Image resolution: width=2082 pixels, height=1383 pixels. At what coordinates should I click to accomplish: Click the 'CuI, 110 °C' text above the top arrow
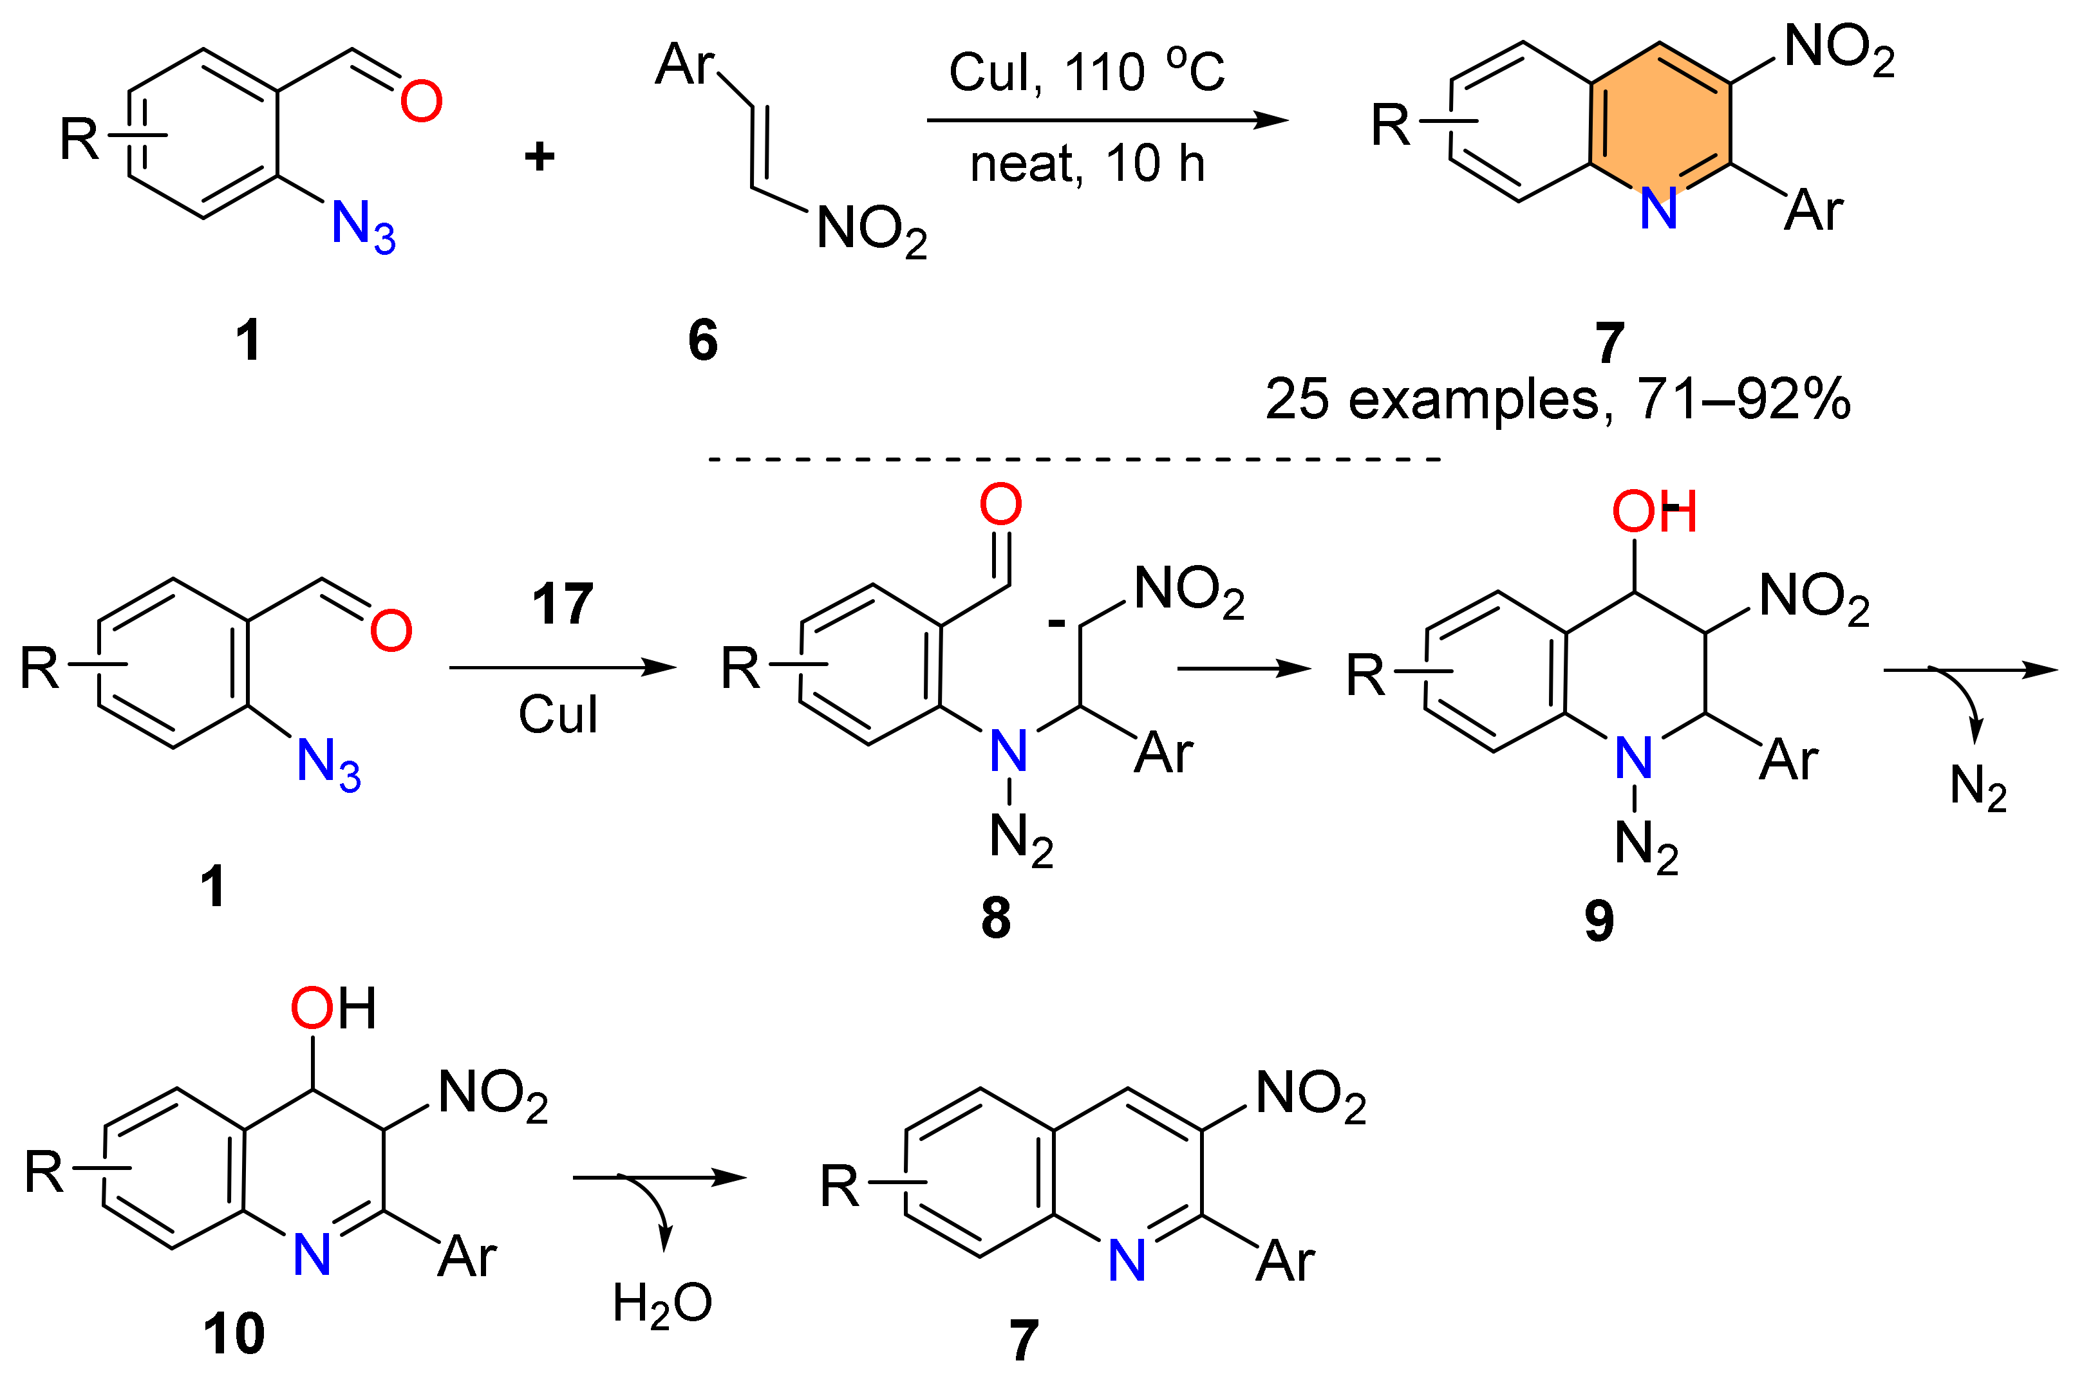click(1086, 72)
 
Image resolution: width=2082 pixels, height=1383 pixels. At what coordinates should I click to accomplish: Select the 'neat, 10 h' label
click(1086, 165)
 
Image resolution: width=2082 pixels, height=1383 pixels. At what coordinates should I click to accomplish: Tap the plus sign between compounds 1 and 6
click(539, 157)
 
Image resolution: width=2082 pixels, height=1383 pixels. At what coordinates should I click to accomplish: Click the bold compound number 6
click(702, 340)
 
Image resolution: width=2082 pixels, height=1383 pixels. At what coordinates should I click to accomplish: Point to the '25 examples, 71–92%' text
click(1557, 400)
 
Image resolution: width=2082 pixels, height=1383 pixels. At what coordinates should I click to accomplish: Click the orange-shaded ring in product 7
click(1658, 119)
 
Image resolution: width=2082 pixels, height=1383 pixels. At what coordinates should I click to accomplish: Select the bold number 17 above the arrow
click(562, 605)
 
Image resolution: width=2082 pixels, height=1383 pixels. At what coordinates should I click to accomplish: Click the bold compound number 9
click(1599, 921)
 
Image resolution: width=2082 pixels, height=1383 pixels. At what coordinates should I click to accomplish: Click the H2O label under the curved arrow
click(662, 1304)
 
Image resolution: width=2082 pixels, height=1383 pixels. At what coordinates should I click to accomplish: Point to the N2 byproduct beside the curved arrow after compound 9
click(1979, 787)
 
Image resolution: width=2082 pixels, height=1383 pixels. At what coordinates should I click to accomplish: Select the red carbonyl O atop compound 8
click(1000, 505)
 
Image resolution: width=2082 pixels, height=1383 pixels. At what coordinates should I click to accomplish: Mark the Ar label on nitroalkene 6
click(684, 65)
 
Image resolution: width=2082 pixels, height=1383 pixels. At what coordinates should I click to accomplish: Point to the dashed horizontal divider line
click(1074, 459)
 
